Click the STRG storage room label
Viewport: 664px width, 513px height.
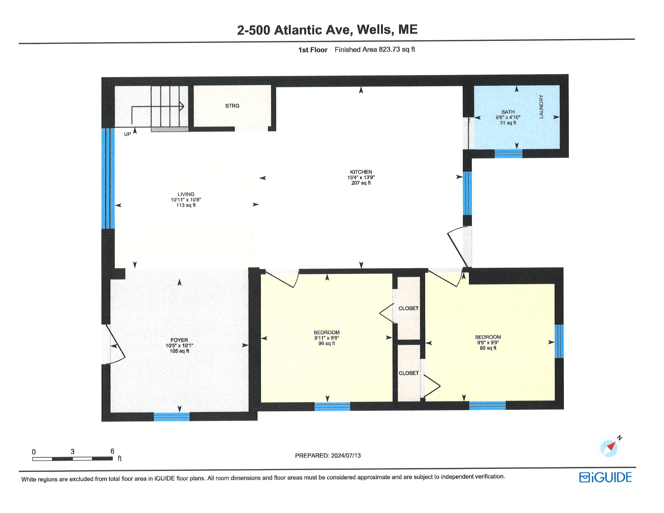232,106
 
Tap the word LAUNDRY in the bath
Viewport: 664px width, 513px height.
541,106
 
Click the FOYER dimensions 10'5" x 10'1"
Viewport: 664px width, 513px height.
179,345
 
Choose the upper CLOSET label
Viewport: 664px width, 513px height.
408,308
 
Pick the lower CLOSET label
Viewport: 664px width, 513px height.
408,373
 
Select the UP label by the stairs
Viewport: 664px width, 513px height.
127,134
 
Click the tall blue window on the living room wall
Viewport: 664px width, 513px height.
108,178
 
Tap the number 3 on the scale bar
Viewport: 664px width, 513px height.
72,452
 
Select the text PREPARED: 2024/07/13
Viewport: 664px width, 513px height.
328,455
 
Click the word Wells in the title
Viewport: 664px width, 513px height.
375,29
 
